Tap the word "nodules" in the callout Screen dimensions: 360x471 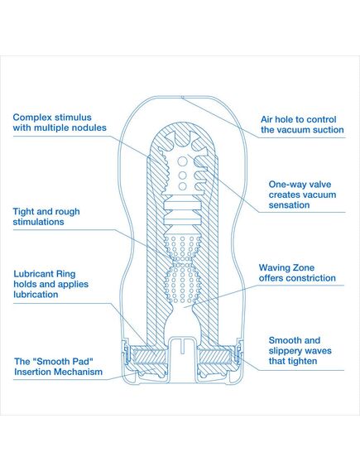point(91,127)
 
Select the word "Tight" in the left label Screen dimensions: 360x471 point(23,212)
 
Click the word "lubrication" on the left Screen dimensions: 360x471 point(36,295)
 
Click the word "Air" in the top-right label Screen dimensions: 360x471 point(266,119)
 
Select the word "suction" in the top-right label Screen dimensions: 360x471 point(328,130)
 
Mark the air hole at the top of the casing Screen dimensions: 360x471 point(182,97)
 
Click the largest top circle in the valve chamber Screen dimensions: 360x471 point(183,161)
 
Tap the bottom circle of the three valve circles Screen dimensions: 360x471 point(183,186)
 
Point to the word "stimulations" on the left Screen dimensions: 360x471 point(38,222)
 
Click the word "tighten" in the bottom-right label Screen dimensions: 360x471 point(303,362)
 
